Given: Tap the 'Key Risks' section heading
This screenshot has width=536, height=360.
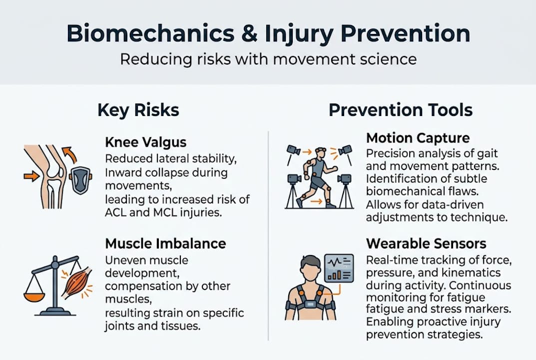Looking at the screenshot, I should click(138, 110).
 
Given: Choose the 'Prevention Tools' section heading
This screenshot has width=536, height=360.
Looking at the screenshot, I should click(401, 110).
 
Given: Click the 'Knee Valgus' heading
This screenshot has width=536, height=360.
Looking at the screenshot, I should click(145, 142).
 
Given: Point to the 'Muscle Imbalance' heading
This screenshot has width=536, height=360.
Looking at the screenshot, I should click(165, 243).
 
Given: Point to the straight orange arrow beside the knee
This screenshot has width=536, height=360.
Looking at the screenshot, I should click(31, 176).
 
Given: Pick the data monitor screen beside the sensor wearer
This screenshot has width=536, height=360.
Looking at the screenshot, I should click(339, 267).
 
